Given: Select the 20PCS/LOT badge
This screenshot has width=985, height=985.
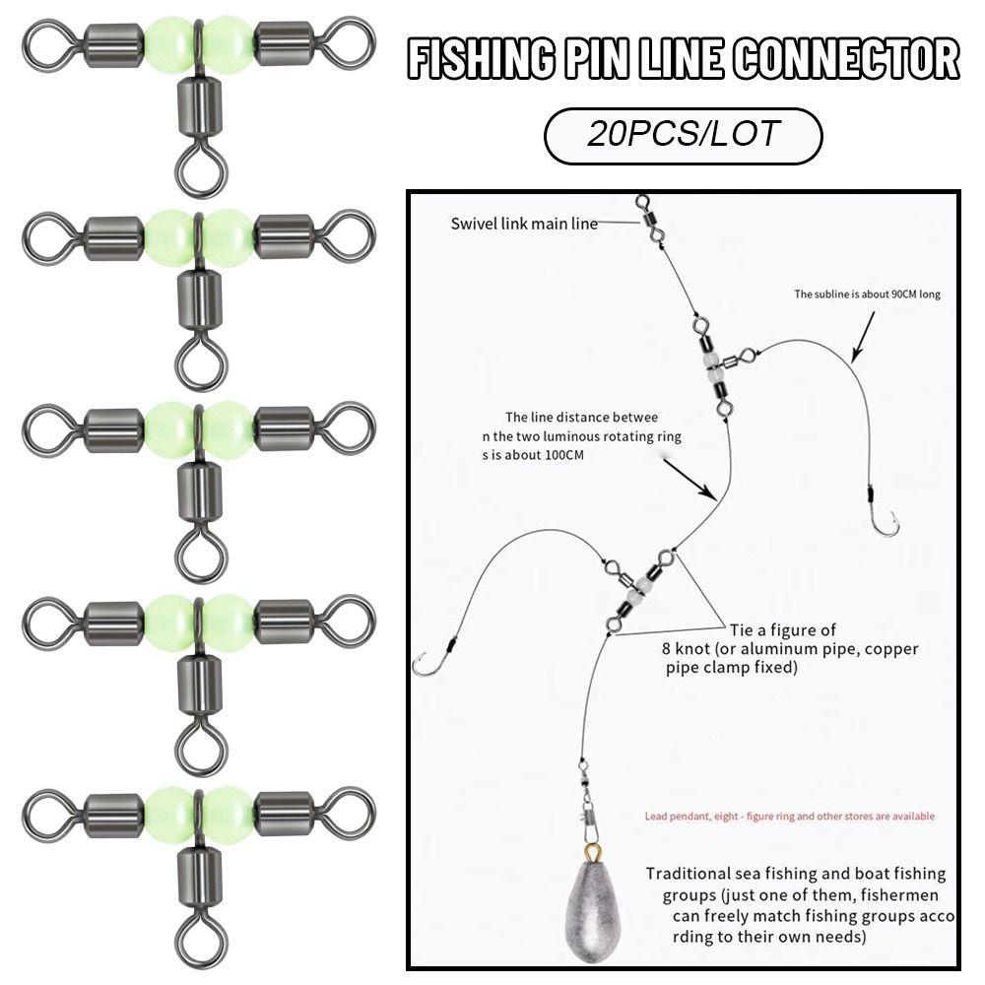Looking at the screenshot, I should (683, 135).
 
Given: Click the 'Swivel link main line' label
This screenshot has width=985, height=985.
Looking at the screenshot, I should (524, 224).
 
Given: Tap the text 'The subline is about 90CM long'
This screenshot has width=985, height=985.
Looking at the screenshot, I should (868, 294).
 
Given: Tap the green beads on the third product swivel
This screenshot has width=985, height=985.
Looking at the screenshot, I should (201, 426).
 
